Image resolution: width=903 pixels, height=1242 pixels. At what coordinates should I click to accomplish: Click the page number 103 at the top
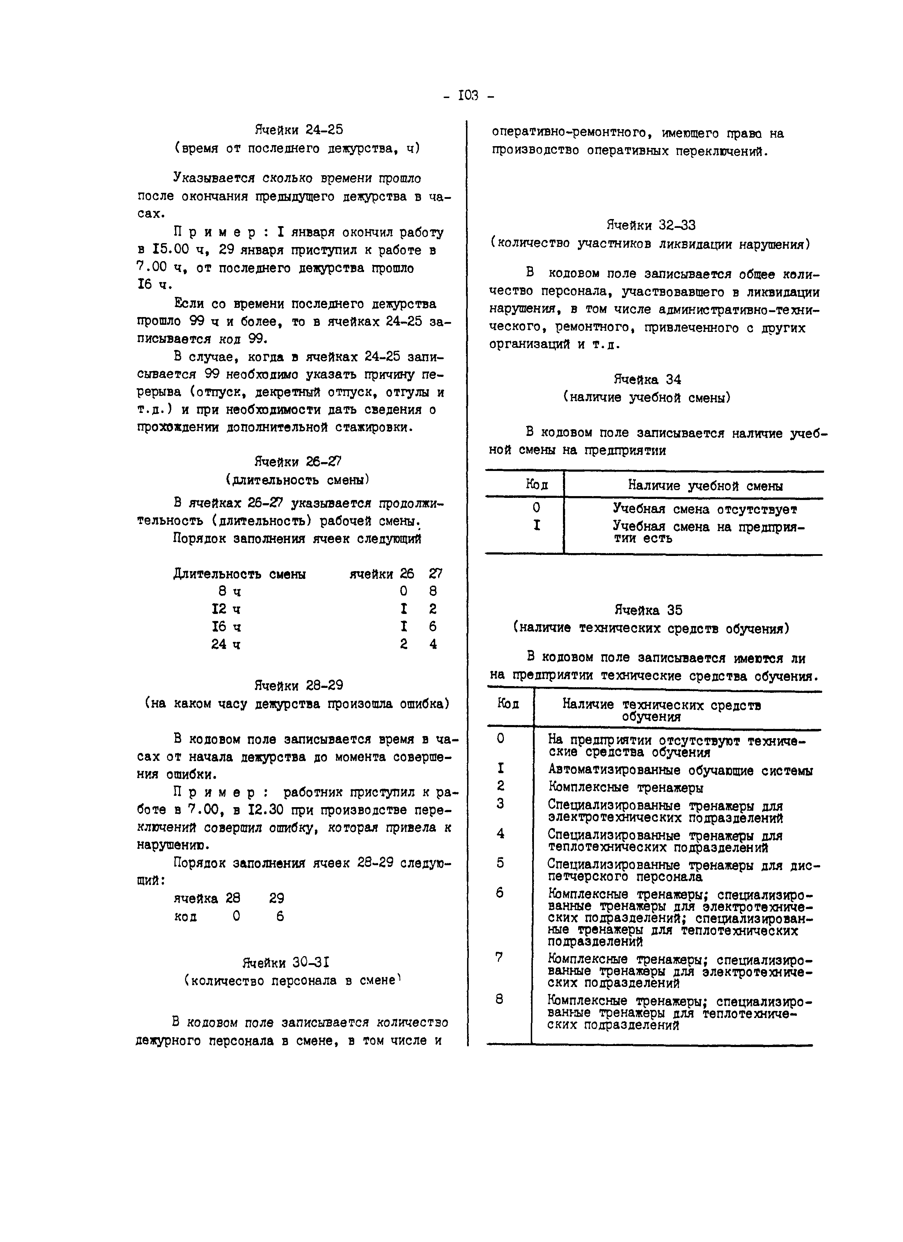(x=468, y=96)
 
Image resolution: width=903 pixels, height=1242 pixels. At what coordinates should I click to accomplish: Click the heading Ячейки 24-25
(x=299, y=130)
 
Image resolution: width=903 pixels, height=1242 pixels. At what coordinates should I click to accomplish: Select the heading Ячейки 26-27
(x=298, y=462)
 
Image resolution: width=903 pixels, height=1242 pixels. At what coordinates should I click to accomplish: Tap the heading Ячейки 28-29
(x=298, y=686)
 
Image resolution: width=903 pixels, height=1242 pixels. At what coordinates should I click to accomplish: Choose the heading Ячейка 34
(x=647, y=379)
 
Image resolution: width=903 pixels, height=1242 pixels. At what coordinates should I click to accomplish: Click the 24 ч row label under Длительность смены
(x=226, y=645)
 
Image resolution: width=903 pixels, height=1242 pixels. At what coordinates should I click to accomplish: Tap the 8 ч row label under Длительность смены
(x=229, y=591)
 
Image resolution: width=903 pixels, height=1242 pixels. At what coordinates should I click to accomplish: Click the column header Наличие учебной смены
(x=705, y=486)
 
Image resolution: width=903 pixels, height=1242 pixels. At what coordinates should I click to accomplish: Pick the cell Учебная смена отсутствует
(x=705, y=509)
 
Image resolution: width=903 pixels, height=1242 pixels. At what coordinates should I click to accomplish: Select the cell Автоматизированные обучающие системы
(x=680, y=771)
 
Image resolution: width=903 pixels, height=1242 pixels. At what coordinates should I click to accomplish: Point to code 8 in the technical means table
(x=499, y=999)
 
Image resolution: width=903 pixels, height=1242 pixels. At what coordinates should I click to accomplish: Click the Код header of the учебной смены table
(x=537, y=485)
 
